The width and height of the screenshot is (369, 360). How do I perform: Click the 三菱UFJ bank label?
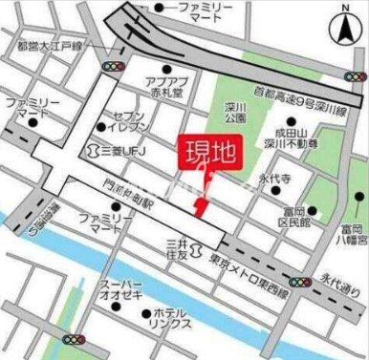tap(120, 150)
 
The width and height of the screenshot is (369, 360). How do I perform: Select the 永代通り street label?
tap(336, 282)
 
